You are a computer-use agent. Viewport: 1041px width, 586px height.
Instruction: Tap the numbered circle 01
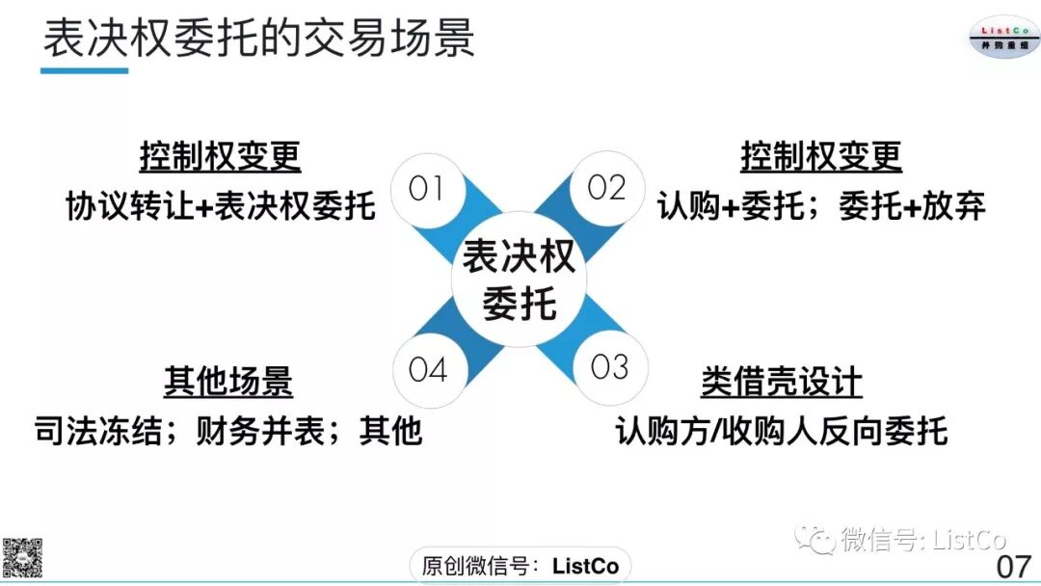[x=425, y=188]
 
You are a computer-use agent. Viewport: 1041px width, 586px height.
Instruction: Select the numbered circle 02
[x=606, y=188]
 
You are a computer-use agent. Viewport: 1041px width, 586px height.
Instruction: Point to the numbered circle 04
[x=428, y=369]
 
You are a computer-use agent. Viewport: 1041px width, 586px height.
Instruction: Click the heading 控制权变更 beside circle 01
[x=220, y=156]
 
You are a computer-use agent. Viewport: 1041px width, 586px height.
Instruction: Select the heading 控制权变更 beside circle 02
[x=820, y=156]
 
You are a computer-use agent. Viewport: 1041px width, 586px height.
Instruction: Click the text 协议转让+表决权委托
[x=220, y=205]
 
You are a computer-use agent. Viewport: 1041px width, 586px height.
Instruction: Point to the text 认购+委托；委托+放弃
[x=821, y=205]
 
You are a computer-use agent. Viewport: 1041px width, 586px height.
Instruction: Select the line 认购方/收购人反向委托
[x=782, y=431]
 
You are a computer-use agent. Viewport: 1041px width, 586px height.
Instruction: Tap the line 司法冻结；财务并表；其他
[x=227, y=431]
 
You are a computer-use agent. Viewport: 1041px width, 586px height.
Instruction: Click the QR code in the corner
[x=21, y=556]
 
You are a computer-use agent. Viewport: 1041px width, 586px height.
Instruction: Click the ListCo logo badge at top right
[x=1004, y=37]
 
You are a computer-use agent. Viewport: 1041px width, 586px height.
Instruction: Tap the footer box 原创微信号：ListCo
[x=520, y=565]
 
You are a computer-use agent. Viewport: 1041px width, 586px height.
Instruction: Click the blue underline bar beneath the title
[x=85, y=70]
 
